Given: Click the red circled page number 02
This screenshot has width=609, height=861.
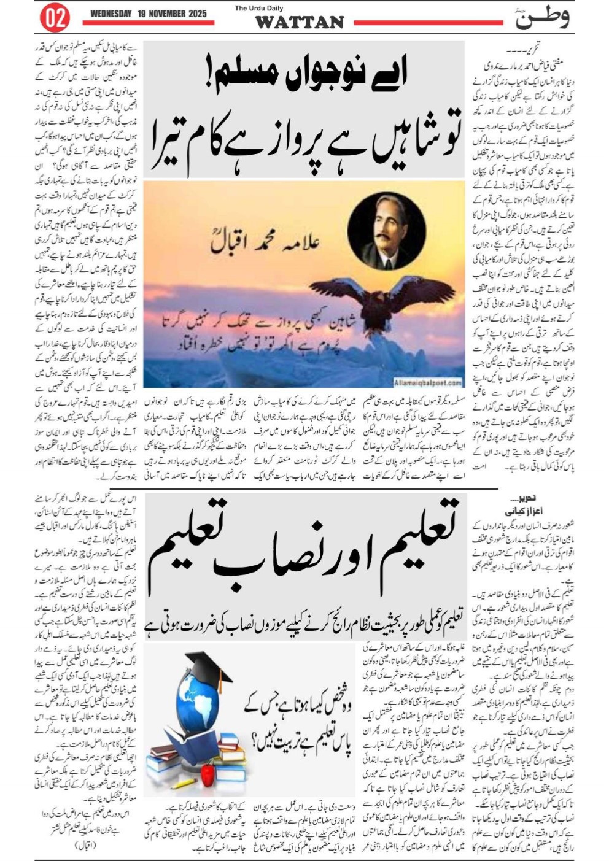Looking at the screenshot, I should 55,18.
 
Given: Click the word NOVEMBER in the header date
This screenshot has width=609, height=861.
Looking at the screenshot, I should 165,14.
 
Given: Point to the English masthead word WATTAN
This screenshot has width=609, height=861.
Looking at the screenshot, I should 299,22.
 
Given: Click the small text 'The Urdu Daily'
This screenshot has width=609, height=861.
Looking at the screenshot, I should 257,8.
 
